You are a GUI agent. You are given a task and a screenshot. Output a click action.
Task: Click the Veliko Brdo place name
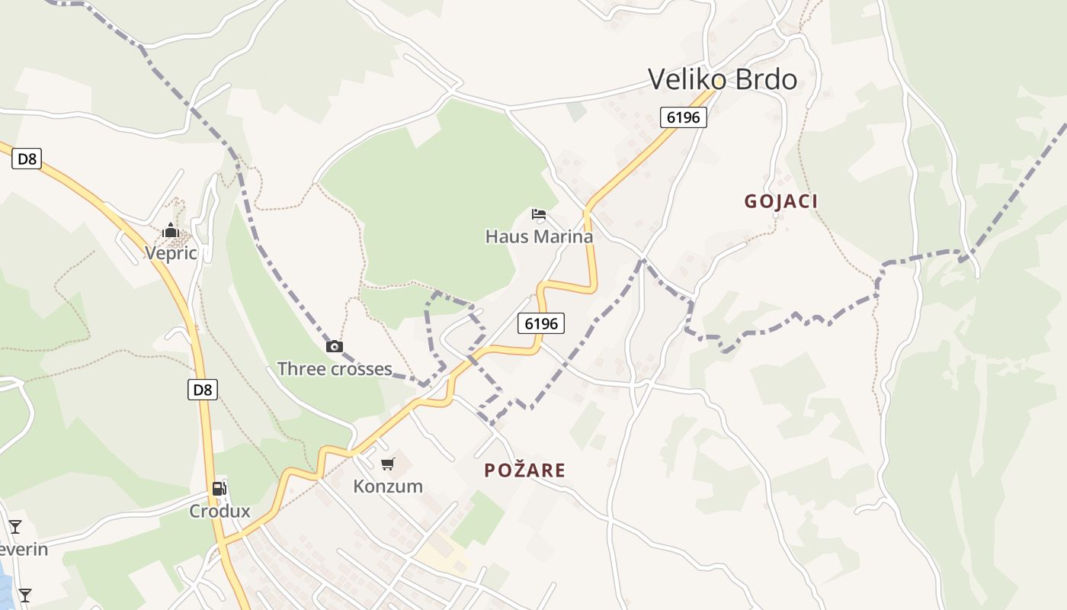click(722, 79)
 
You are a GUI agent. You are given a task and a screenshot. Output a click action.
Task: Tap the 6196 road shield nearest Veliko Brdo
click(684, 117)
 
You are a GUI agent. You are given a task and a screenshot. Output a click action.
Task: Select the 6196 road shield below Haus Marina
click(541, 323)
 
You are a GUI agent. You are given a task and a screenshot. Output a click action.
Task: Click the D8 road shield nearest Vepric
click(27, 159)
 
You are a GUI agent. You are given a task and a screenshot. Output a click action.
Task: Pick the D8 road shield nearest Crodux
click(202, 390)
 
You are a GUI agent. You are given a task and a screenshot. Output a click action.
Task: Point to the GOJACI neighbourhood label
click(781, 201)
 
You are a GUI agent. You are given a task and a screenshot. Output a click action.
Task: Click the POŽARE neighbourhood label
click(525, 470)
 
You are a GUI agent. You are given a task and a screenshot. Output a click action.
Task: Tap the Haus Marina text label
click(539, 236)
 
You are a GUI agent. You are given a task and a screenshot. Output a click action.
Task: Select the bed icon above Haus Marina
click(539, 214)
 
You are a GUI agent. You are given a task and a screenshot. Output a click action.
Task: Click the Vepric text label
click(171, 253)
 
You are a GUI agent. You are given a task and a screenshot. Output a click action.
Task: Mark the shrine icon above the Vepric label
click(170, 230)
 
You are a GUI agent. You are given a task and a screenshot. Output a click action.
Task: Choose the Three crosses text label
click(335, 369)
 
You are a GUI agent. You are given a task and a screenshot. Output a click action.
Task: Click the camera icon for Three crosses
click(334, 346)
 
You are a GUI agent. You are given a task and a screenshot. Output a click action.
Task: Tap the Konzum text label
click(388, 486)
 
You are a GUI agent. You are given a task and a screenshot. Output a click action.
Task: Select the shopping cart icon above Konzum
click(388, 464)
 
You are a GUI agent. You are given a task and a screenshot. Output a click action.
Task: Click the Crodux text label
click(219, 511)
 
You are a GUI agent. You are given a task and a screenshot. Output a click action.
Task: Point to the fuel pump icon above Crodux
click(219, 489)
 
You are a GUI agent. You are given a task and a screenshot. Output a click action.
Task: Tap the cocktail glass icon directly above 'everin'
click(14, 526)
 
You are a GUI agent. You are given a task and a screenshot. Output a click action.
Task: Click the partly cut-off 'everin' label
click(24, 549)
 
